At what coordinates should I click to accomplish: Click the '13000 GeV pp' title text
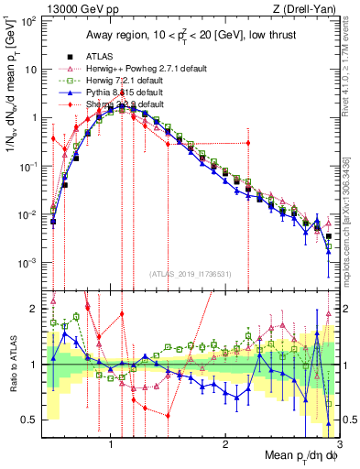pos(71,9)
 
